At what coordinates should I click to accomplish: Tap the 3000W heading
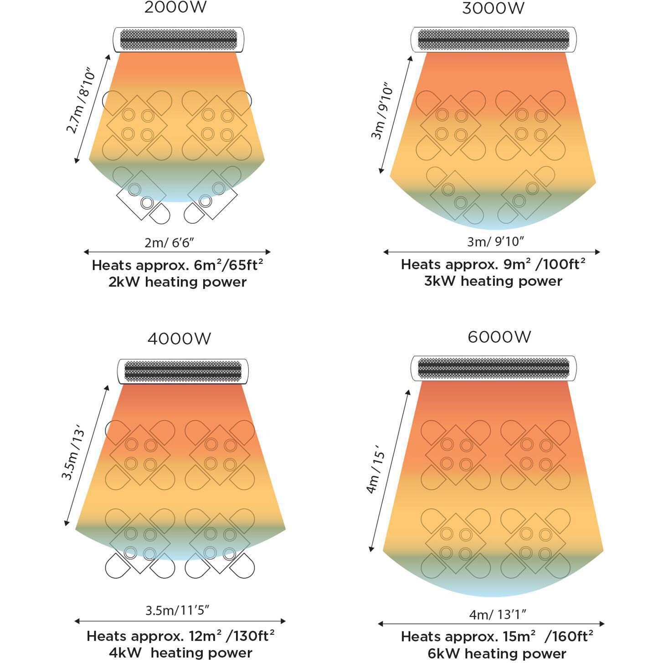[x=493, y=8]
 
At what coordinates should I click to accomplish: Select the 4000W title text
[x=179, y=339]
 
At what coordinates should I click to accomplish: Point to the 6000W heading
[x=499, y=337]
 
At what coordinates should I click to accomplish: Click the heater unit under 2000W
[x=178, y=40]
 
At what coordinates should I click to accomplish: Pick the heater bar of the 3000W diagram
[x=493, y=40]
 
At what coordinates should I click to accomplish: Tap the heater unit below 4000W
[x=183, y=371]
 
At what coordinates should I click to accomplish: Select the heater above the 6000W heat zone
[x=493, y=368]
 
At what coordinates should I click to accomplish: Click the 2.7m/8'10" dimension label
[x=82, y=101]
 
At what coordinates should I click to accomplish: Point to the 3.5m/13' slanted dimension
[x=73, y=452]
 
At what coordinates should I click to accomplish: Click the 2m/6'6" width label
[x=169, y=242]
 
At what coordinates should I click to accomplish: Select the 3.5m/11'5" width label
[x=177, y=610]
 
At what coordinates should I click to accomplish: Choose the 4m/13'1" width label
[x=498, y=615]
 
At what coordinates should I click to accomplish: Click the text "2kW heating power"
[x=177, y=282]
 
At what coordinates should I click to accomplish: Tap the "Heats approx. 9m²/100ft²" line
[x=493, y=264]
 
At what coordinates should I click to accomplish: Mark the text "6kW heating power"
[x=497, y=653]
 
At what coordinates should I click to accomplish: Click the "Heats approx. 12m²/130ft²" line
[x=180, y=636]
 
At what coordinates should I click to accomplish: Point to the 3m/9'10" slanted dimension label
[x=381, y=111]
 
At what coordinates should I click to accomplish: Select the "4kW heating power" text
[x=180, y=653]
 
